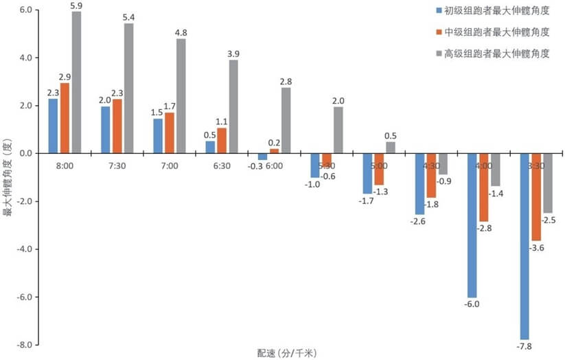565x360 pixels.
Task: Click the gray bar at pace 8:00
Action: click(x=76, y=82)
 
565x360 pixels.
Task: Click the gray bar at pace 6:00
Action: click(x=286, y=120)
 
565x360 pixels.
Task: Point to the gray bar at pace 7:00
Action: click(x=181, y=95)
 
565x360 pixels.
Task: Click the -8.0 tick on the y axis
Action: click(x=25, y=345)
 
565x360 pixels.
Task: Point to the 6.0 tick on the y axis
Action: click(x=27, y=10)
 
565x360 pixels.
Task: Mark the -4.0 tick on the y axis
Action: click(x=25, y=249)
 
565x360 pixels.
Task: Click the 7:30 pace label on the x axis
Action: click(x=117, y=166)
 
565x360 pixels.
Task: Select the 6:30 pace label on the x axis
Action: click(x=222, y=166)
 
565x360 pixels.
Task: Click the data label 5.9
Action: click(x=76, y=6)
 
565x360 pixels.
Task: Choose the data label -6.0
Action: click(x=472, y=304)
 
